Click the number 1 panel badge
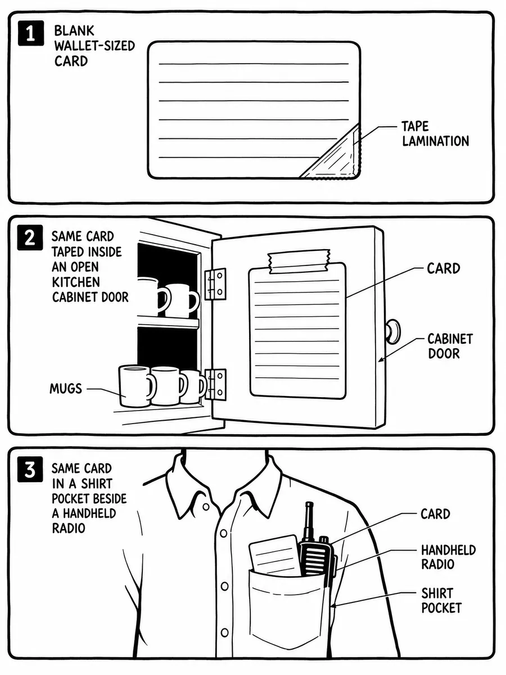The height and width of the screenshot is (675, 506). (x=30, y=34)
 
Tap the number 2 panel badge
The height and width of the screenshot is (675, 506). (x=30, y=238)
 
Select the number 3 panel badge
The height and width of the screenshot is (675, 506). (x=30, y=470)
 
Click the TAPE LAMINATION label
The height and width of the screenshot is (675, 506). (x=435, y=134)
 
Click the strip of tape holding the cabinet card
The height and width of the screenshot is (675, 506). (x=299, y=262)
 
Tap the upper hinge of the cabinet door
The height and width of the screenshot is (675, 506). (x=215, y=284)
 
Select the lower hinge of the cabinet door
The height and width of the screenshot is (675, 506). (x=215, y=384)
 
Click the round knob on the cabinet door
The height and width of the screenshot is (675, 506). (x=393, y=331)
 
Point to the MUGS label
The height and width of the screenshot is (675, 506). (x=66, y=389)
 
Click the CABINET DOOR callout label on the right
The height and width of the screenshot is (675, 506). (x=450, y=346)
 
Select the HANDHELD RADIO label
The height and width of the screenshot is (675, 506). (x=448, y=557)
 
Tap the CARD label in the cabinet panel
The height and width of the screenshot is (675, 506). (x=444, y=268)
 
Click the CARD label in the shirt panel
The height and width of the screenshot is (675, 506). (x=435, y=514)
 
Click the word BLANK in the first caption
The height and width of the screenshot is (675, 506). (x=74, y=31)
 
